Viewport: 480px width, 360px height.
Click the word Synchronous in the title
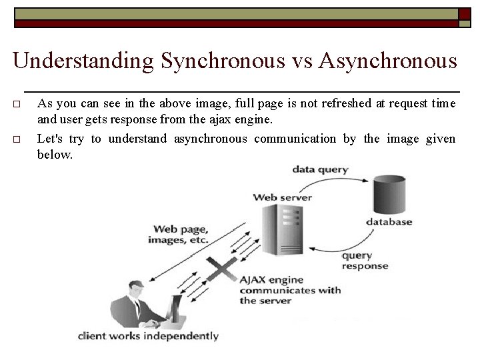223,61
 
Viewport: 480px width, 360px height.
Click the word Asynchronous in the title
387,61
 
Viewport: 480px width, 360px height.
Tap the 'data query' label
320,169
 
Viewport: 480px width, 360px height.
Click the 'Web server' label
283,197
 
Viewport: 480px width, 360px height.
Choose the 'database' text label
389,221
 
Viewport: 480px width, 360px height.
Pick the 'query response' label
364,261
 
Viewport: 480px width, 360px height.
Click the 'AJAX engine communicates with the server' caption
289,290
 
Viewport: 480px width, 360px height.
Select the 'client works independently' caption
148,336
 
